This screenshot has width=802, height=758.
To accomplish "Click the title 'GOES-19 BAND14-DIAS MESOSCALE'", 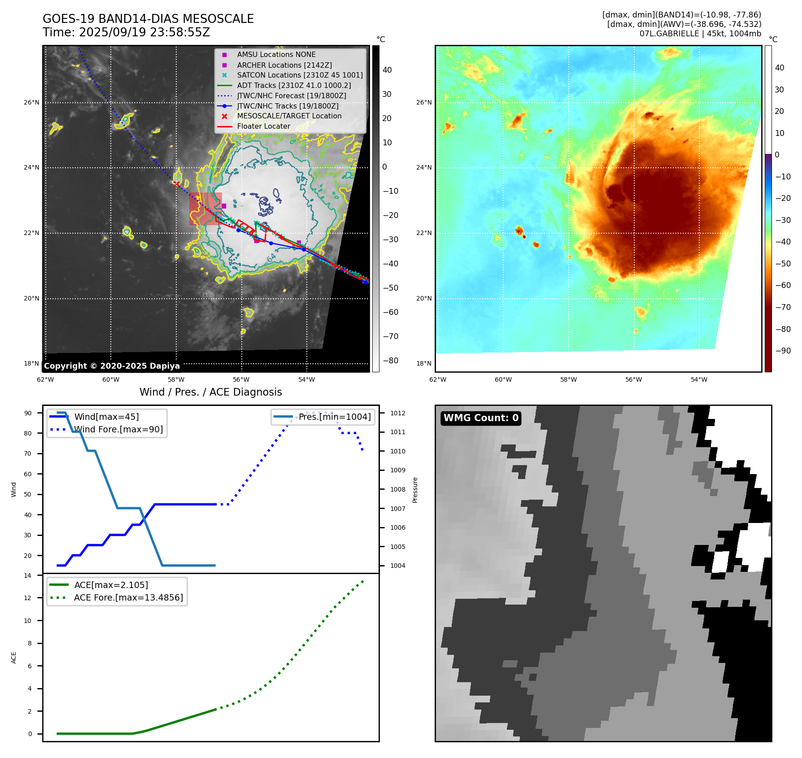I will [148, 19].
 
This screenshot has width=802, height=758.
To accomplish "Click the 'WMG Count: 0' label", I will [481, 418].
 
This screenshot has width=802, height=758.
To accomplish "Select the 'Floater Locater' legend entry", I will [263, 126].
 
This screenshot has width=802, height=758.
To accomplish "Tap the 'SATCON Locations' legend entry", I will [300, 75].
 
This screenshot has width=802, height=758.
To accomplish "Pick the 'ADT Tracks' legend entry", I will [294, 86].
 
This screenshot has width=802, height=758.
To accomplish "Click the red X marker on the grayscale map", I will [177, 184].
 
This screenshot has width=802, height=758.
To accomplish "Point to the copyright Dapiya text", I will [112, 366].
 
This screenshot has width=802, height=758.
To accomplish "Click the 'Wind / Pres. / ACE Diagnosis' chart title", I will [210, 392].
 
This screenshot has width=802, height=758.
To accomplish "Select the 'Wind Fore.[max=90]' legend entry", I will [118, 430].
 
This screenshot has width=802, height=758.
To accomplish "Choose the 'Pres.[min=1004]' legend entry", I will [335, 417].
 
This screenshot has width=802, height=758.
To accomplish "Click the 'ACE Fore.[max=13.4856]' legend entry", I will [128, 598].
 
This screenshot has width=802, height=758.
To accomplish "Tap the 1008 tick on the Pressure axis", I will [397, 490].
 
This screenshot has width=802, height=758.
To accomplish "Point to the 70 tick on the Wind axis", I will [28, 454].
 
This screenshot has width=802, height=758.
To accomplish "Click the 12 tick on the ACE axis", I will [28, 598].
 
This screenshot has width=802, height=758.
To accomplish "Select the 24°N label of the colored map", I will [424, 168].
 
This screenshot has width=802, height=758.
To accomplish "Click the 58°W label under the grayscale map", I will [176, 380].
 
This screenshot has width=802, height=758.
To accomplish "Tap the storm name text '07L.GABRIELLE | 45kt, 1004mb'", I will [700, 34].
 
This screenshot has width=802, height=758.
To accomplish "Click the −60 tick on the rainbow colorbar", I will [783, 286].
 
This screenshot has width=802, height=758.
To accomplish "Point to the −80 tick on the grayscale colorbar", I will [390, 361].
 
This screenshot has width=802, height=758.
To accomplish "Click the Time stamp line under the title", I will [126, 32].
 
